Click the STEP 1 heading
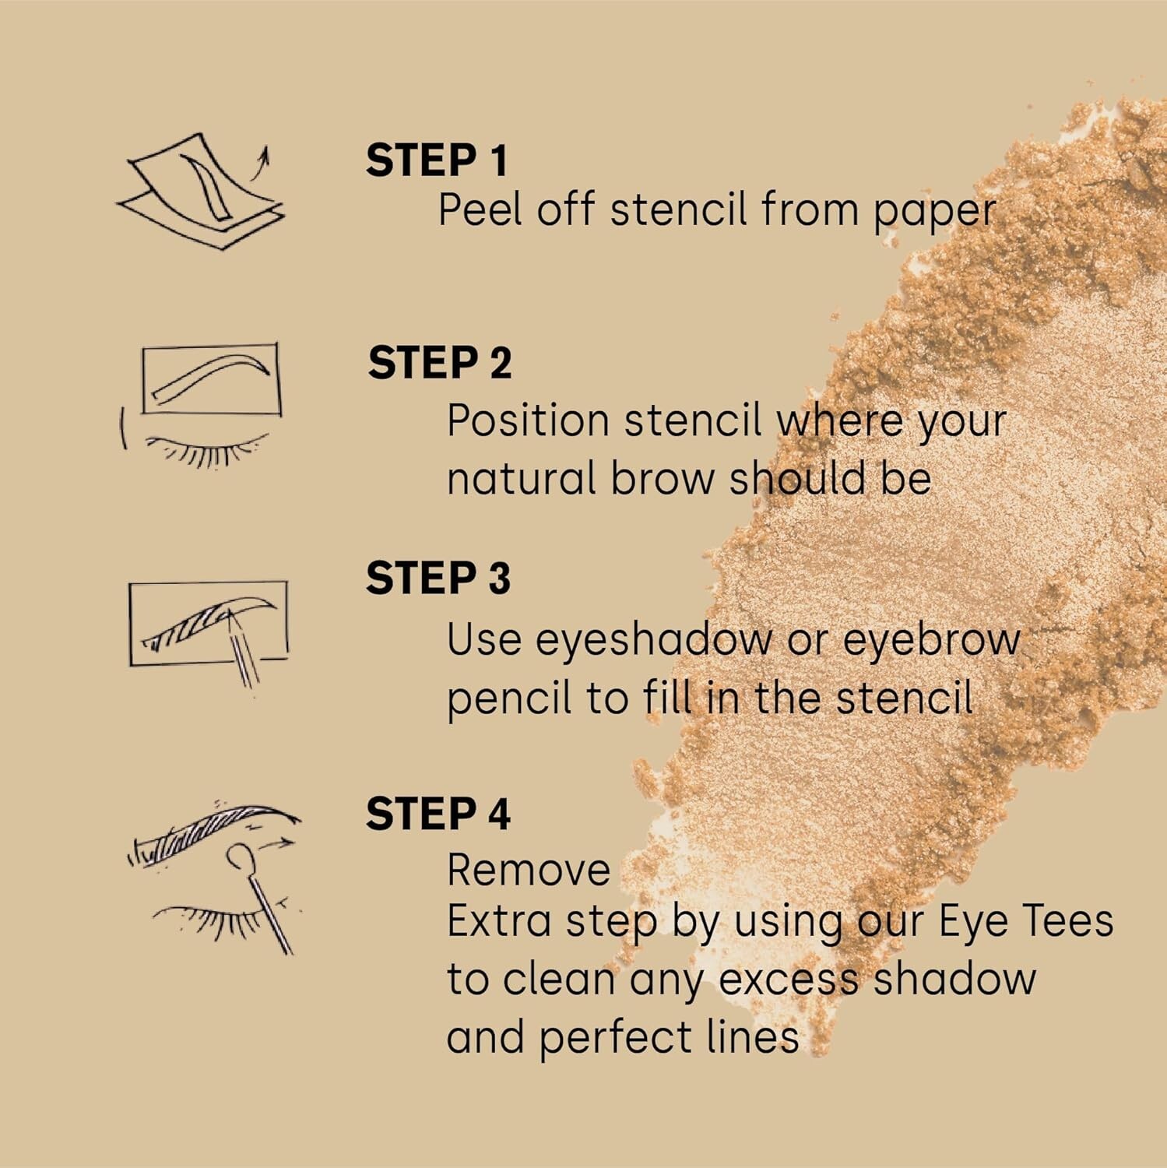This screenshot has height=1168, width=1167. pyautogui.click(x=437, y=160)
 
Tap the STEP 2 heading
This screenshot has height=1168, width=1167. pyautogui.click(x=440, y=364)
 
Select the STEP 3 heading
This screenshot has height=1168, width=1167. pyautogui.click(x=438, y=579)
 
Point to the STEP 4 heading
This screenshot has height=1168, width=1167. pyautogui.click(x=438, y=814)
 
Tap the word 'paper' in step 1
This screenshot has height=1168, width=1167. pyautogui.click(x=934, y=212)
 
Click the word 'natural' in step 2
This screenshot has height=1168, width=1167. pyautogui.click(x=521, y=478)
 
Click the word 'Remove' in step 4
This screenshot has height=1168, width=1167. pyautogui.click(x=529, y=871)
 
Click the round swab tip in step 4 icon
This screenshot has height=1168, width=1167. pyautogui.click(x=238, y=857)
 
